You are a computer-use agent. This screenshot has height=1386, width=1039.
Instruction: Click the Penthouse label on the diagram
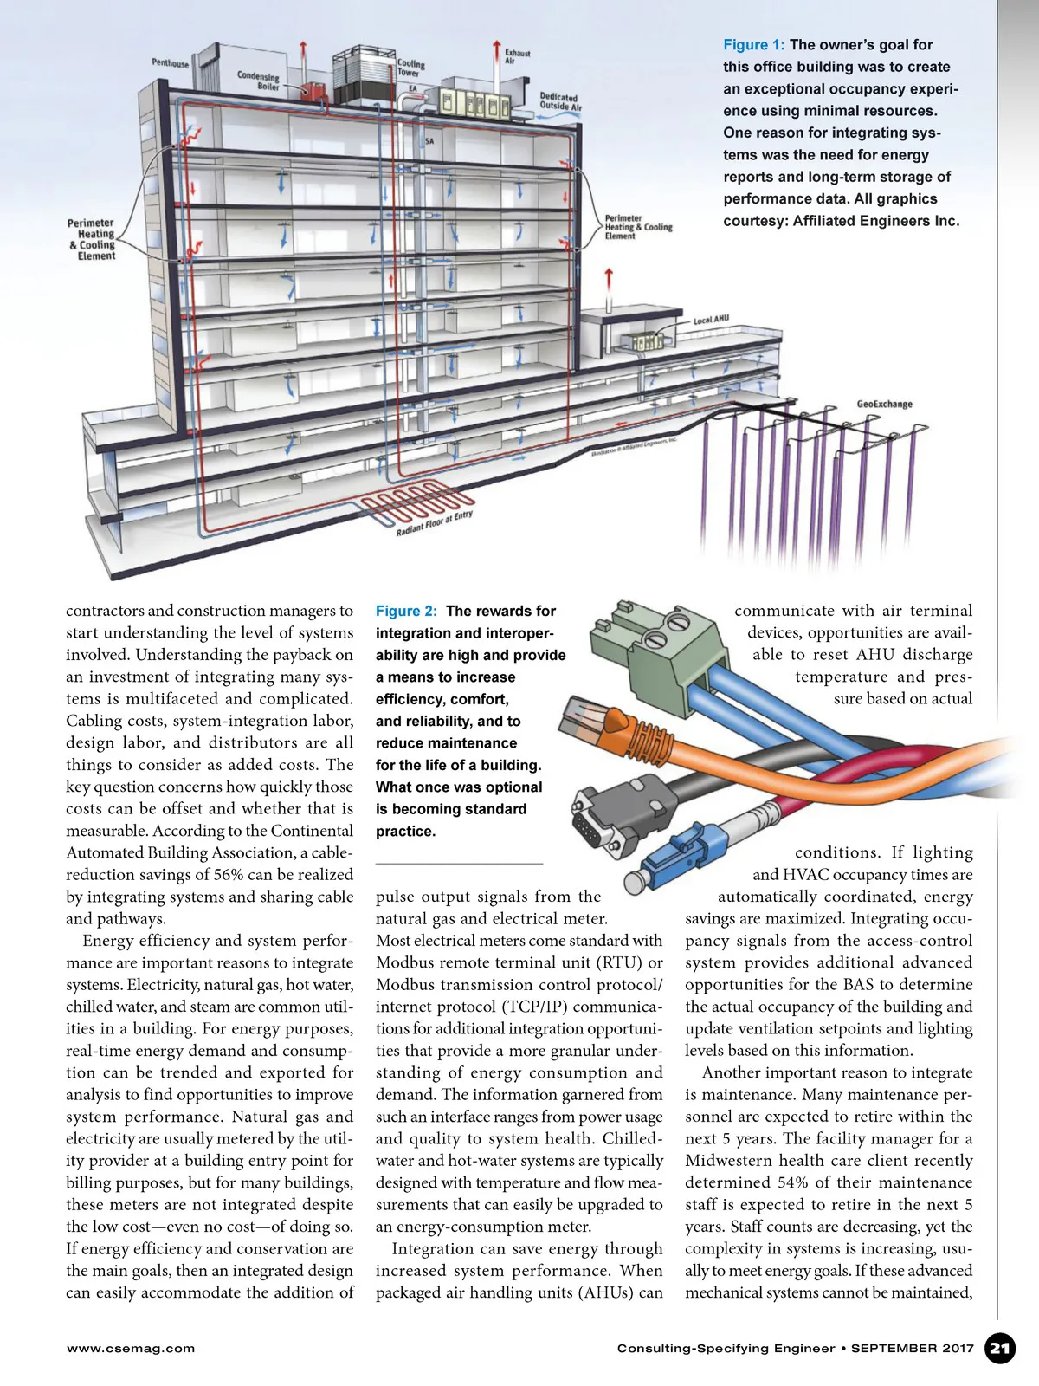170,63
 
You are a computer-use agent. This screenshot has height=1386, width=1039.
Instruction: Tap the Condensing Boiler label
258,81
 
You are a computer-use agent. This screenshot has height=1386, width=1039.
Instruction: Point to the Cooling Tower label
411,68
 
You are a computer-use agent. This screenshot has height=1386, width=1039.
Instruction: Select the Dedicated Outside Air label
560,102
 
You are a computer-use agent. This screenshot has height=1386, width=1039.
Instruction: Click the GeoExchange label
884,404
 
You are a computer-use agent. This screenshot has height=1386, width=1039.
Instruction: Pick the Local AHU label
711,320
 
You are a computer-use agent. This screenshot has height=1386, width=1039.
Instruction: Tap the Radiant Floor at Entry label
435,523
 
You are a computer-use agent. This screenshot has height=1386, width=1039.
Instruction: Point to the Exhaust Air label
517,57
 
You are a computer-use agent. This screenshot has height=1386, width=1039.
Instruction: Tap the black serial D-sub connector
606,810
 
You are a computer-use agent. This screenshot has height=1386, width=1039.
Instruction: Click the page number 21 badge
1000,1348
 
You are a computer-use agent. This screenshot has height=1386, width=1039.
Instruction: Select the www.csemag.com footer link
131,1348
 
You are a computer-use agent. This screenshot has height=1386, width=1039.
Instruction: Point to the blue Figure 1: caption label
753,45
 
